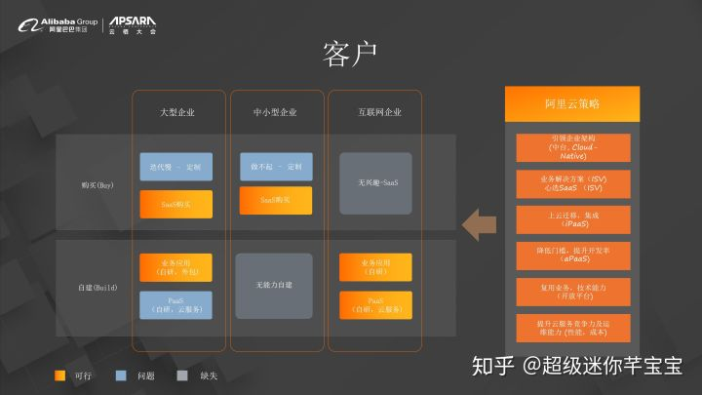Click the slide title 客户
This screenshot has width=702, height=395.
[x=349, y=53]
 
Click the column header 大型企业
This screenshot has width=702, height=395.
[x=177, y=113]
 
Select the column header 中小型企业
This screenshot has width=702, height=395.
[x=275, y=113]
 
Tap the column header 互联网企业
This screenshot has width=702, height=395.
[x=375, y=113]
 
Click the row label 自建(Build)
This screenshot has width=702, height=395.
[x=98, y=288]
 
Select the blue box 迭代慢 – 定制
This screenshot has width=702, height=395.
[x=176, y=167]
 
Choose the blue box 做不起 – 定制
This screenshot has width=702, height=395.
[x=275, y=167]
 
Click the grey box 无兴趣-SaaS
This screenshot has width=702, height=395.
[x=375, y=183]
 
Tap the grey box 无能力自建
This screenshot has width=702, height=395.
[x=275, y=286]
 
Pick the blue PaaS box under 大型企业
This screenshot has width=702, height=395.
[x=176, y=304]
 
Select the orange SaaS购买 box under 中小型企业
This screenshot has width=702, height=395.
[x=275, y=200]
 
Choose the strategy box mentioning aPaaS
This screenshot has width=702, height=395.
[x=572, y=257]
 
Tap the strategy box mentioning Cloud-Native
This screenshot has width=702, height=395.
[x=572, y=147]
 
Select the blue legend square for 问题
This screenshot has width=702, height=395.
[x=120, y=375]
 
